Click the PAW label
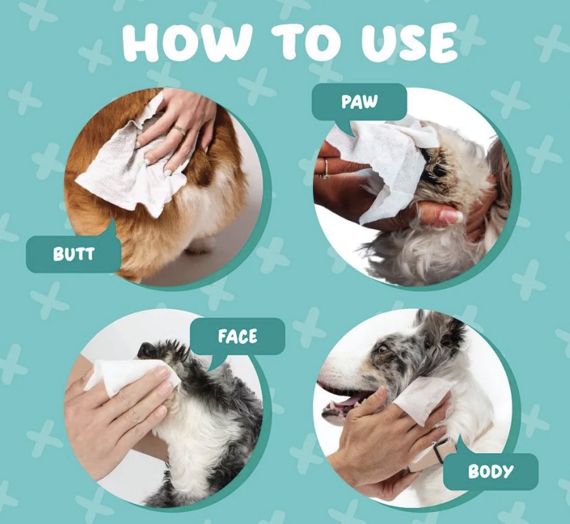click(359, 102)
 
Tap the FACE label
click(237, 336)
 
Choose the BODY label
click(490, 471)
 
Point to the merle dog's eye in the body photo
click(383, 349)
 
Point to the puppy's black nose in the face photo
click(146, 349)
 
